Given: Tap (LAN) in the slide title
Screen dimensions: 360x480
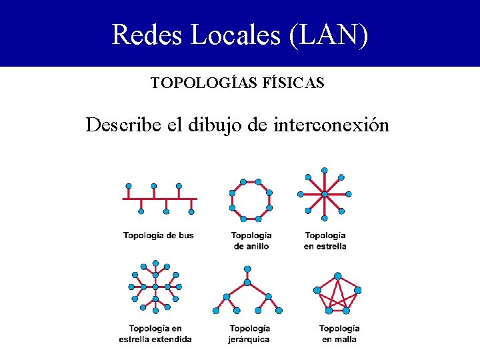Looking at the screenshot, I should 328,35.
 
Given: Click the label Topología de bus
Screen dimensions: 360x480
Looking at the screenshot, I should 159,235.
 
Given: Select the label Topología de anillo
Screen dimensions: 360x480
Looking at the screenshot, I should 251,241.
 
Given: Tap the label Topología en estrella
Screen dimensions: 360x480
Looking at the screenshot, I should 325,241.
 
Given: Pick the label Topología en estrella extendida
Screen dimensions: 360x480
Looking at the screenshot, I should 155,334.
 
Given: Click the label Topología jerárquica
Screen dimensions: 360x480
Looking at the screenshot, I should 249,334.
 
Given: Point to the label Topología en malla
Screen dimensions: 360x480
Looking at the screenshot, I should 339,334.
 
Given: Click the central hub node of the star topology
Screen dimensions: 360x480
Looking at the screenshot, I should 325,195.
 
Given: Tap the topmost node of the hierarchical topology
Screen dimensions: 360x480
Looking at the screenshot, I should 247,269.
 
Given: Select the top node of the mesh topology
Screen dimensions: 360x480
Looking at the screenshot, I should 338,276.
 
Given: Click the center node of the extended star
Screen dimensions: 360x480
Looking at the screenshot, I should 155,287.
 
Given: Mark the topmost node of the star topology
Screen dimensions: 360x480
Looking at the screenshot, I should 325,171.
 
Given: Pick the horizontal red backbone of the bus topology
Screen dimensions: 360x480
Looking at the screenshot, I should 160,199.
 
